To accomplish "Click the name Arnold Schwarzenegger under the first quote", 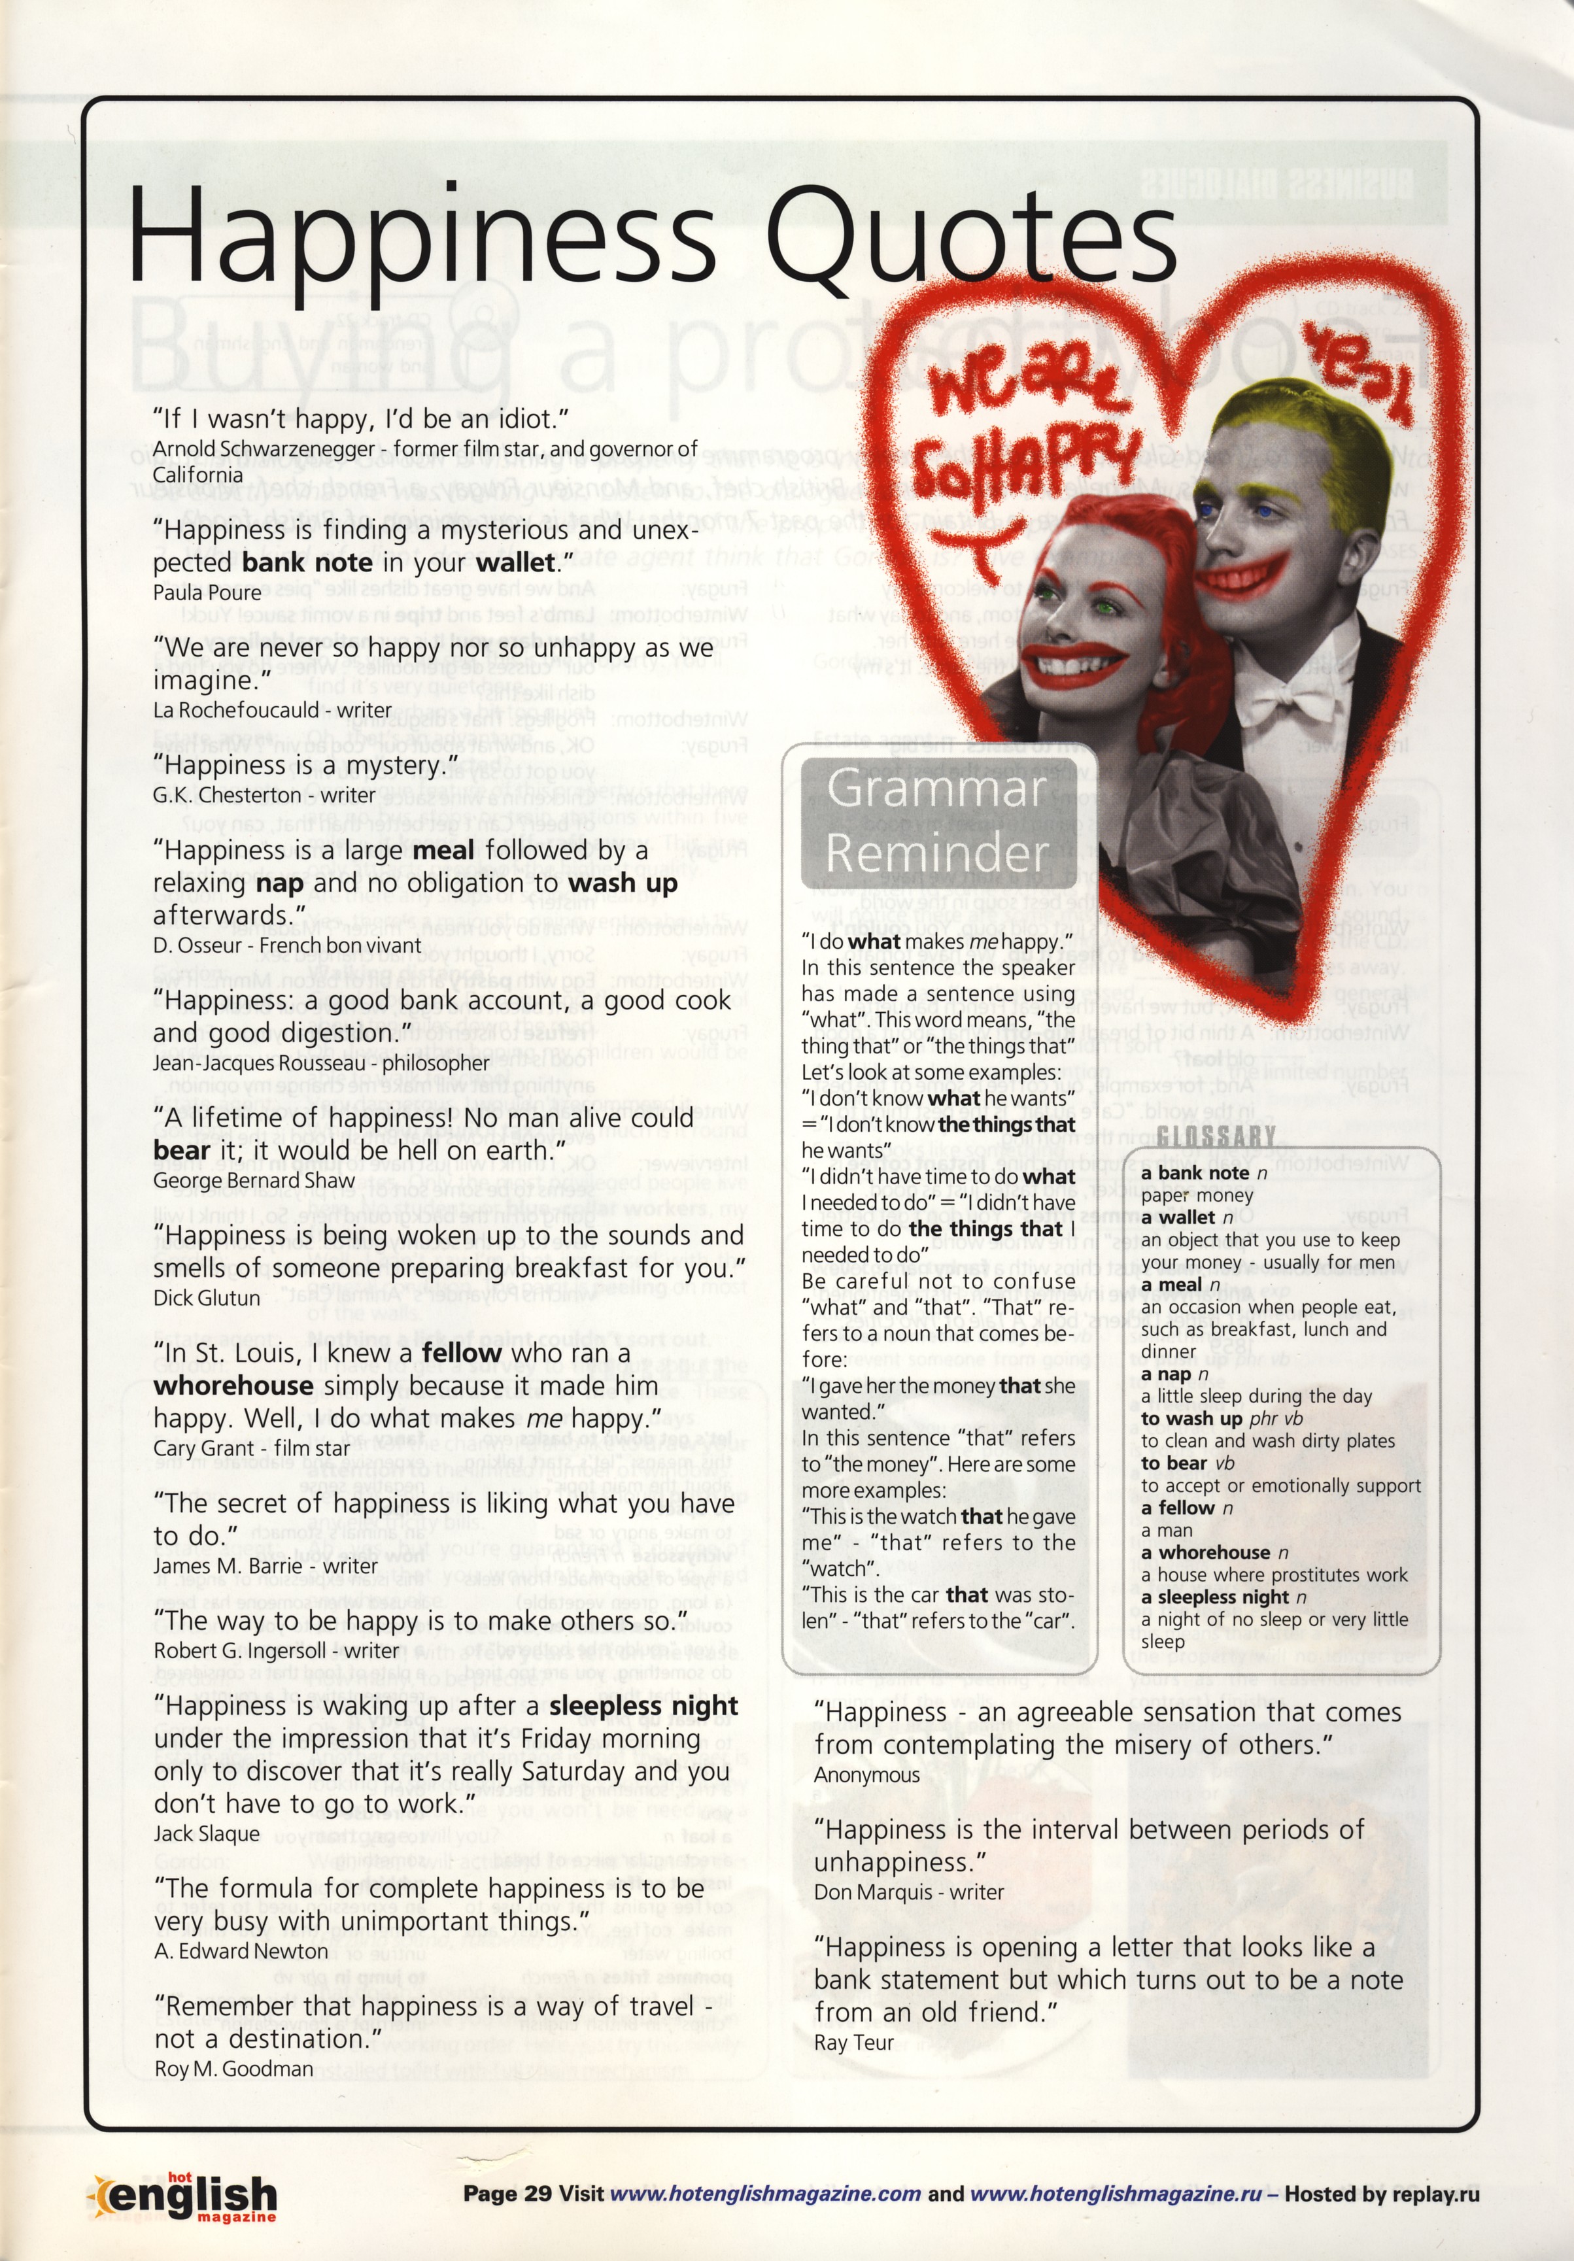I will pyautogui.click(x=269, y=449).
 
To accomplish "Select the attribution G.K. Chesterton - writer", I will pyautogui.click(x=264, y=794).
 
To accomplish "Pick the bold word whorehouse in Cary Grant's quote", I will pyautogui.click(x=233, y=1385).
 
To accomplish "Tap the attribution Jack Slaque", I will pyautogui.click(x=207, y=1833).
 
